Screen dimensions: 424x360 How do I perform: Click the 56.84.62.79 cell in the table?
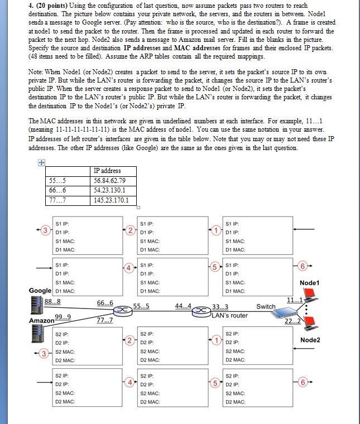107,181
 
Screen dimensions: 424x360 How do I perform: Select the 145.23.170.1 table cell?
111,200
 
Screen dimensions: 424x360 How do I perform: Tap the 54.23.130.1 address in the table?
107,191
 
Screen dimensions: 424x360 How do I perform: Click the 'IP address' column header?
107,171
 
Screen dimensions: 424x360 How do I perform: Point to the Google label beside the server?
41,291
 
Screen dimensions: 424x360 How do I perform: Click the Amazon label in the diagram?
41,322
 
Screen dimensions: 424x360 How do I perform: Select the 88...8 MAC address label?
52,301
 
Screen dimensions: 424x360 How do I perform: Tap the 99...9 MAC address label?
63,317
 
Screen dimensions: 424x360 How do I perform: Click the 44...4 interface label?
183,306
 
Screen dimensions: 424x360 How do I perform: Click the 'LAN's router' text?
229,316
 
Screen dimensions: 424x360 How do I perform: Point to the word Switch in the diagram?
266,306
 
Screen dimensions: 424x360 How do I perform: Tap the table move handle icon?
40,163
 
